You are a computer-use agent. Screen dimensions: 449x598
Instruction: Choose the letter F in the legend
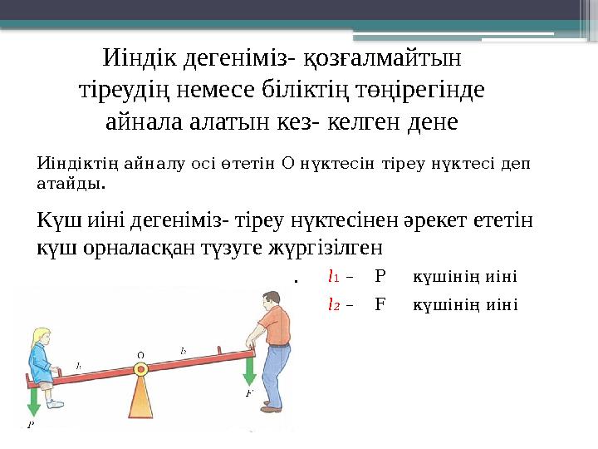[380, 303]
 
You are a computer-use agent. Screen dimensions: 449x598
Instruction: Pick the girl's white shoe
[55, 403]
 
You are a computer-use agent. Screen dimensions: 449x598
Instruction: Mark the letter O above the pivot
[140, 355]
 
